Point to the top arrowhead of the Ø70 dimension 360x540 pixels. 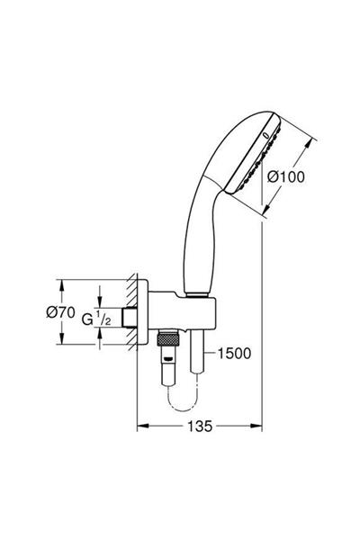tap(60, 283)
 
